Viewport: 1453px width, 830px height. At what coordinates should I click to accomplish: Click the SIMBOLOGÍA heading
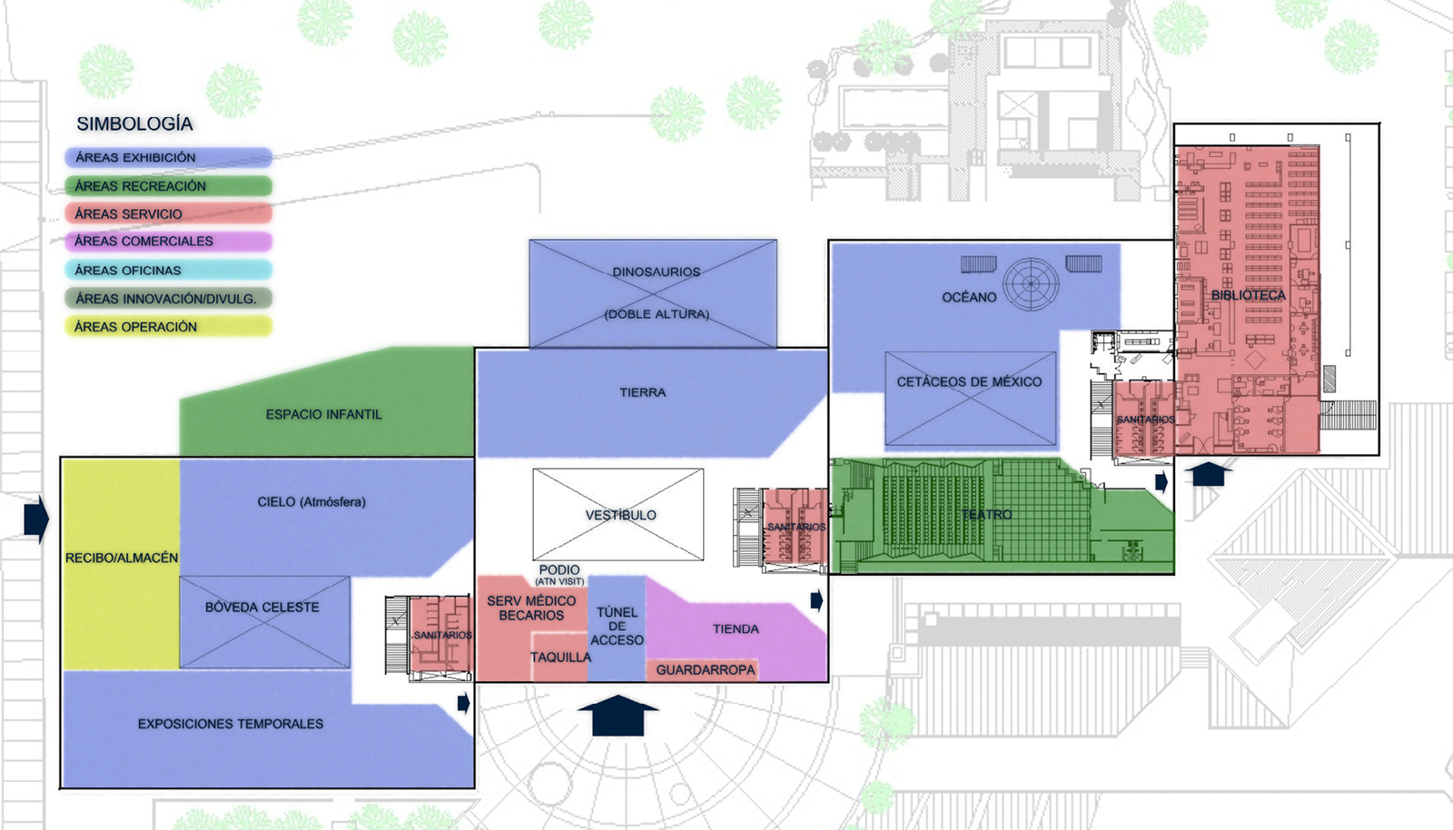point(134,124)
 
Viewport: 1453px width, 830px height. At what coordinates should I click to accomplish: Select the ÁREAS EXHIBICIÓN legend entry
point(168,158)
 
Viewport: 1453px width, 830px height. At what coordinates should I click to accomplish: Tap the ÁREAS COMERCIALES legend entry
point(168,242)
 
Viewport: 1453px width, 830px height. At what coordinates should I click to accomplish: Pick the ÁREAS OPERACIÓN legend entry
point(168,327)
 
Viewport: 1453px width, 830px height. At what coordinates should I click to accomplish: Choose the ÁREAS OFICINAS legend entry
point(168,270)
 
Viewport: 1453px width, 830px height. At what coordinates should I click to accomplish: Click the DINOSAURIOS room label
point(657,272)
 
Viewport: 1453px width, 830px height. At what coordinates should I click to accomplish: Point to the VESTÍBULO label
point(621,515)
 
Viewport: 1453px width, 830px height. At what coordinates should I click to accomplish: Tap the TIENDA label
point(736,628)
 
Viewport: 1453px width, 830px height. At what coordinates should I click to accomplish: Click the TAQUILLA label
point(560,657)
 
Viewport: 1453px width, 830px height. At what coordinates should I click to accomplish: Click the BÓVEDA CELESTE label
point(262,608)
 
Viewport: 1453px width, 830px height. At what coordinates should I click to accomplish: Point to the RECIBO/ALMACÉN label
point(122,558)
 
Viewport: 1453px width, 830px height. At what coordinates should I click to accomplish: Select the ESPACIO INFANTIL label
point(323,414)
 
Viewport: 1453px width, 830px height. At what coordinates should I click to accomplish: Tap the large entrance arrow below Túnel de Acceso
point(618,716)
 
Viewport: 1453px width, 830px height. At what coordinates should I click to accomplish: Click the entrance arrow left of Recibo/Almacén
point(36,519)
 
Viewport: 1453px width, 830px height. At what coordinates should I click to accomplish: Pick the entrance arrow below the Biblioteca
point(1209,474)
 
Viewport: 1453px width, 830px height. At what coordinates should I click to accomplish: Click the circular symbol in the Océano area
point(1031,283)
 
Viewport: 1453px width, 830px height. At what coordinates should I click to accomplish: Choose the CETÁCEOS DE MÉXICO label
point(969,382)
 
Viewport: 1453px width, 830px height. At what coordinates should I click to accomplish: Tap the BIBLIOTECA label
point(1248,296)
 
